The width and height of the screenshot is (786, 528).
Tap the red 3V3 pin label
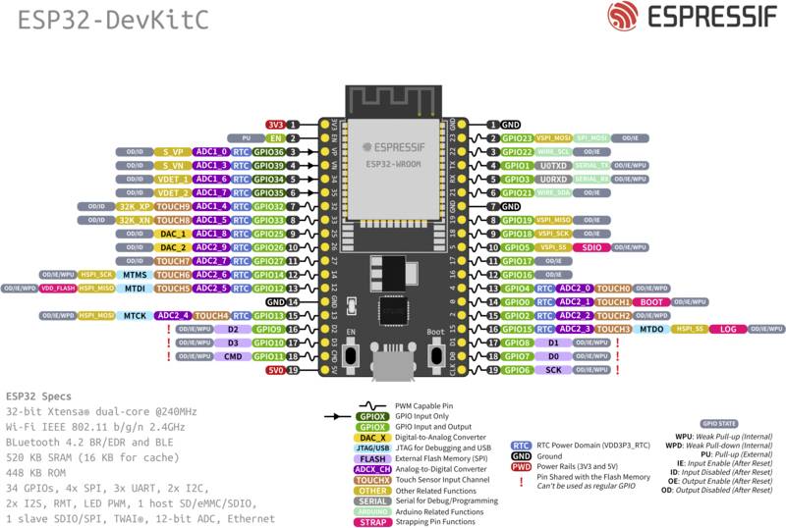click(275, 125)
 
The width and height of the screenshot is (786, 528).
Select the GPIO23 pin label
click(517, 138)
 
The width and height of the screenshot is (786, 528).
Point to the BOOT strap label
click(650, 302)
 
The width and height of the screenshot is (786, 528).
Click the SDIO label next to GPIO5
click(591, 248)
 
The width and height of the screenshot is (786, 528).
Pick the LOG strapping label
click(728, 330)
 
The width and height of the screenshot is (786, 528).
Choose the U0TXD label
click(553, 166)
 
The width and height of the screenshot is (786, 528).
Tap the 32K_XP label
click(135, 207)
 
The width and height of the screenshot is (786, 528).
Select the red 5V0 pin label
click(275, 370)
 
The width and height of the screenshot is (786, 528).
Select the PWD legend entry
click(522, 467)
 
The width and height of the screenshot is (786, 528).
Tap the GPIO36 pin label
click(268, 152)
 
